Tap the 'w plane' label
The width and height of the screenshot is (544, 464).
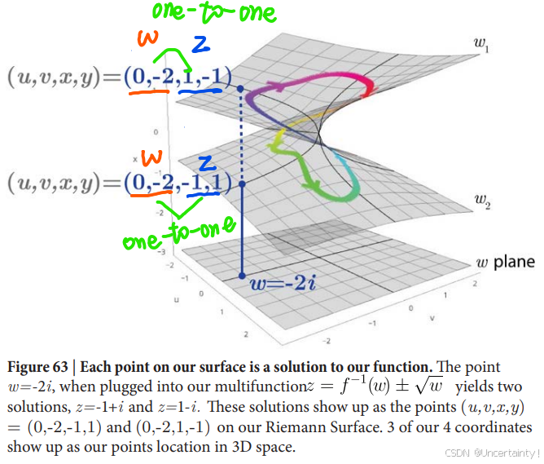(505, 262)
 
